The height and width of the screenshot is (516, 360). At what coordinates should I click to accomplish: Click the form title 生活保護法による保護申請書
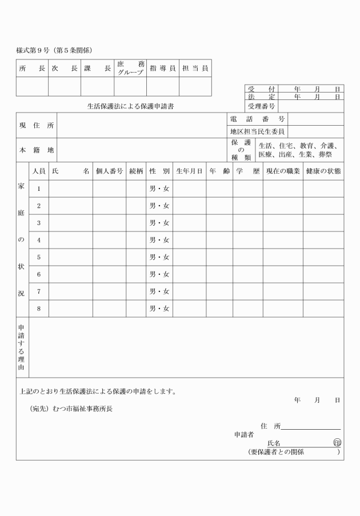point(130,106)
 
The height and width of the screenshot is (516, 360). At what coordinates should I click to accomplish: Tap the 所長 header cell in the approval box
point(32,69)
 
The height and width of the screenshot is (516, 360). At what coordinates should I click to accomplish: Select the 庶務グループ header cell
point(130,69)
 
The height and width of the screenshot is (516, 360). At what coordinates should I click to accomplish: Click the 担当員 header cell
point(195,69)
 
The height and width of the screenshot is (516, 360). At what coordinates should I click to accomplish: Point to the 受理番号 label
point(262,106)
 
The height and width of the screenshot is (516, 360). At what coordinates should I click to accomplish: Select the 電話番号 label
point(257,119)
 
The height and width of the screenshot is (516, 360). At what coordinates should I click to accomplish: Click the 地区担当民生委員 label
point(257,132)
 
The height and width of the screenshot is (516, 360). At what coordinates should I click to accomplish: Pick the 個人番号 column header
point(109,171)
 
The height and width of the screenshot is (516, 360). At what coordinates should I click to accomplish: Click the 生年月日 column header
point(189,171)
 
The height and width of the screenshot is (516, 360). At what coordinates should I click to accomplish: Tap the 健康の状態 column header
point(323,171)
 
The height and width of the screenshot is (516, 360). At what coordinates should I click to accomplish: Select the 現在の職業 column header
point(282,171)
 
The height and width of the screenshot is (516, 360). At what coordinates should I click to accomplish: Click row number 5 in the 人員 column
point(39,257)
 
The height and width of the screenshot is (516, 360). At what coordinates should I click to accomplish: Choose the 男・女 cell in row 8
point(159,309)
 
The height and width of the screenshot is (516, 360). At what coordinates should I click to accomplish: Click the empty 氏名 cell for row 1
point(70,189)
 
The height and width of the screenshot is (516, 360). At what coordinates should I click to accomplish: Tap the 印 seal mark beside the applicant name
point(337,443)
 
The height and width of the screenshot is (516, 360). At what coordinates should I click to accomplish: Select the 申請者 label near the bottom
point(244,435)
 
